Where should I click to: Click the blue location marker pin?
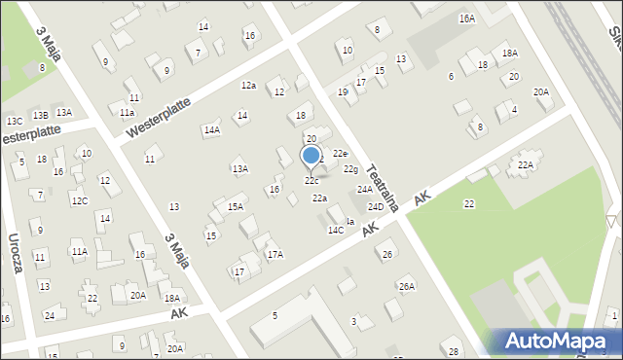[x=311, y=156]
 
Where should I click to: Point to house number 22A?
[x=526, y=165]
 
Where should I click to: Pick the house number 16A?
[x=467, y=18]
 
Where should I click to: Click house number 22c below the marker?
[x=311, y=181]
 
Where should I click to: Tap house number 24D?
[x=375, y=206]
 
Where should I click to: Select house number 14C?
[x=335, y=231]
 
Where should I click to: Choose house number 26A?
[x=407, y=286]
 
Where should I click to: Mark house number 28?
[x=453, y=350]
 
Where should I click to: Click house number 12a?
[x=248, y=86]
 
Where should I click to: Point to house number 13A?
[x=239, y=168]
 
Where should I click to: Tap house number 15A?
[x=236, y=206]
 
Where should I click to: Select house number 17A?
[x=275, y=254]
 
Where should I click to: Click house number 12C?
[x=79, y=200]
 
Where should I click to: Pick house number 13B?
[x=39, y=116]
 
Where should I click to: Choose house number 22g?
[x=350, y=169]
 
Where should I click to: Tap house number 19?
[x=343, y=91]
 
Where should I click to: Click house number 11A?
[x=79, y=251]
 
